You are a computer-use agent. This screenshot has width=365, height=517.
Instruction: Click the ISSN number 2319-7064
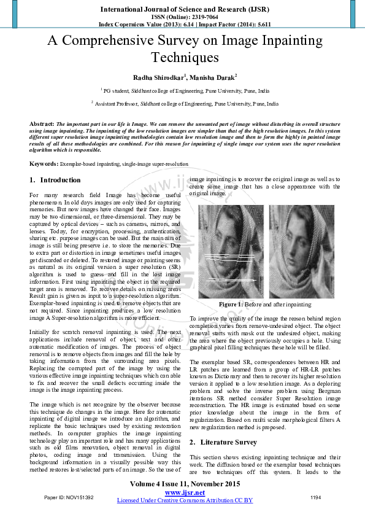(197, 17)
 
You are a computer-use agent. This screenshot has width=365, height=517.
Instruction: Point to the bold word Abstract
(41, 124)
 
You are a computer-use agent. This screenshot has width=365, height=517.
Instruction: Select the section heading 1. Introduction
(55, 181)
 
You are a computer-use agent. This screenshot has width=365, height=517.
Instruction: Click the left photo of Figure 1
(231, 252)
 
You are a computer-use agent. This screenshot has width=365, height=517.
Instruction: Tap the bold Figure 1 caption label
(230, 305)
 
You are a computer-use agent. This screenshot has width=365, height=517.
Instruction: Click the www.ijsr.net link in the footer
(185, 493)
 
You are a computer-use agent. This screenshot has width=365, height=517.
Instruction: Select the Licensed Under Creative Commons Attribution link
(185, 500)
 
